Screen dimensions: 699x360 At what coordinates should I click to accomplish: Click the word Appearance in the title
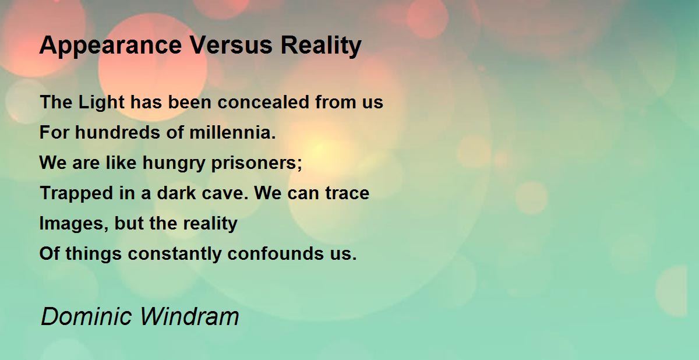coord(111,46)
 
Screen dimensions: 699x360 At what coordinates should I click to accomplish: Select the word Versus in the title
coord(231,45)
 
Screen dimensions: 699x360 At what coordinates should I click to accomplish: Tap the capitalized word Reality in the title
coord(321,46)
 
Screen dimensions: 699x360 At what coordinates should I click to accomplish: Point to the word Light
coord(101,103)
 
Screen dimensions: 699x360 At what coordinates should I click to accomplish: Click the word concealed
coord(263,102)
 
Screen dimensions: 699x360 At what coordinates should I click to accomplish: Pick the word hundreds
coord(118,132)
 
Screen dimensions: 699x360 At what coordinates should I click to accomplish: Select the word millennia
coord(233,132)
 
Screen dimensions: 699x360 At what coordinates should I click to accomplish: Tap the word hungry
coord(174,163)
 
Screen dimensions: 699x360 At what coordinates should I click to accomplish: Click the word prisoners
coord(256,163)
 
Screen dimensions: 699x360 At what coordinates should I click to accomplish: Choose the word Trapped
coord(76,193)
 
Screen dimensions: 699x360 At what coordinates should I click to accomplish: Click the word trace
coord(347,193)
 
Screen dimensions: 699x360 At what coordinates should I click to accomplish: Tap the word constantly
coord(175,253)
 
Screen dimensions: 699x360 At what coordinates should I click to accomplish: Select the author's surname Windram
coord(190,316)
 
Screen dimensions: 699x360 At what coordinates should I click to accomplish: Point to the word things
coord(94,253)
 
